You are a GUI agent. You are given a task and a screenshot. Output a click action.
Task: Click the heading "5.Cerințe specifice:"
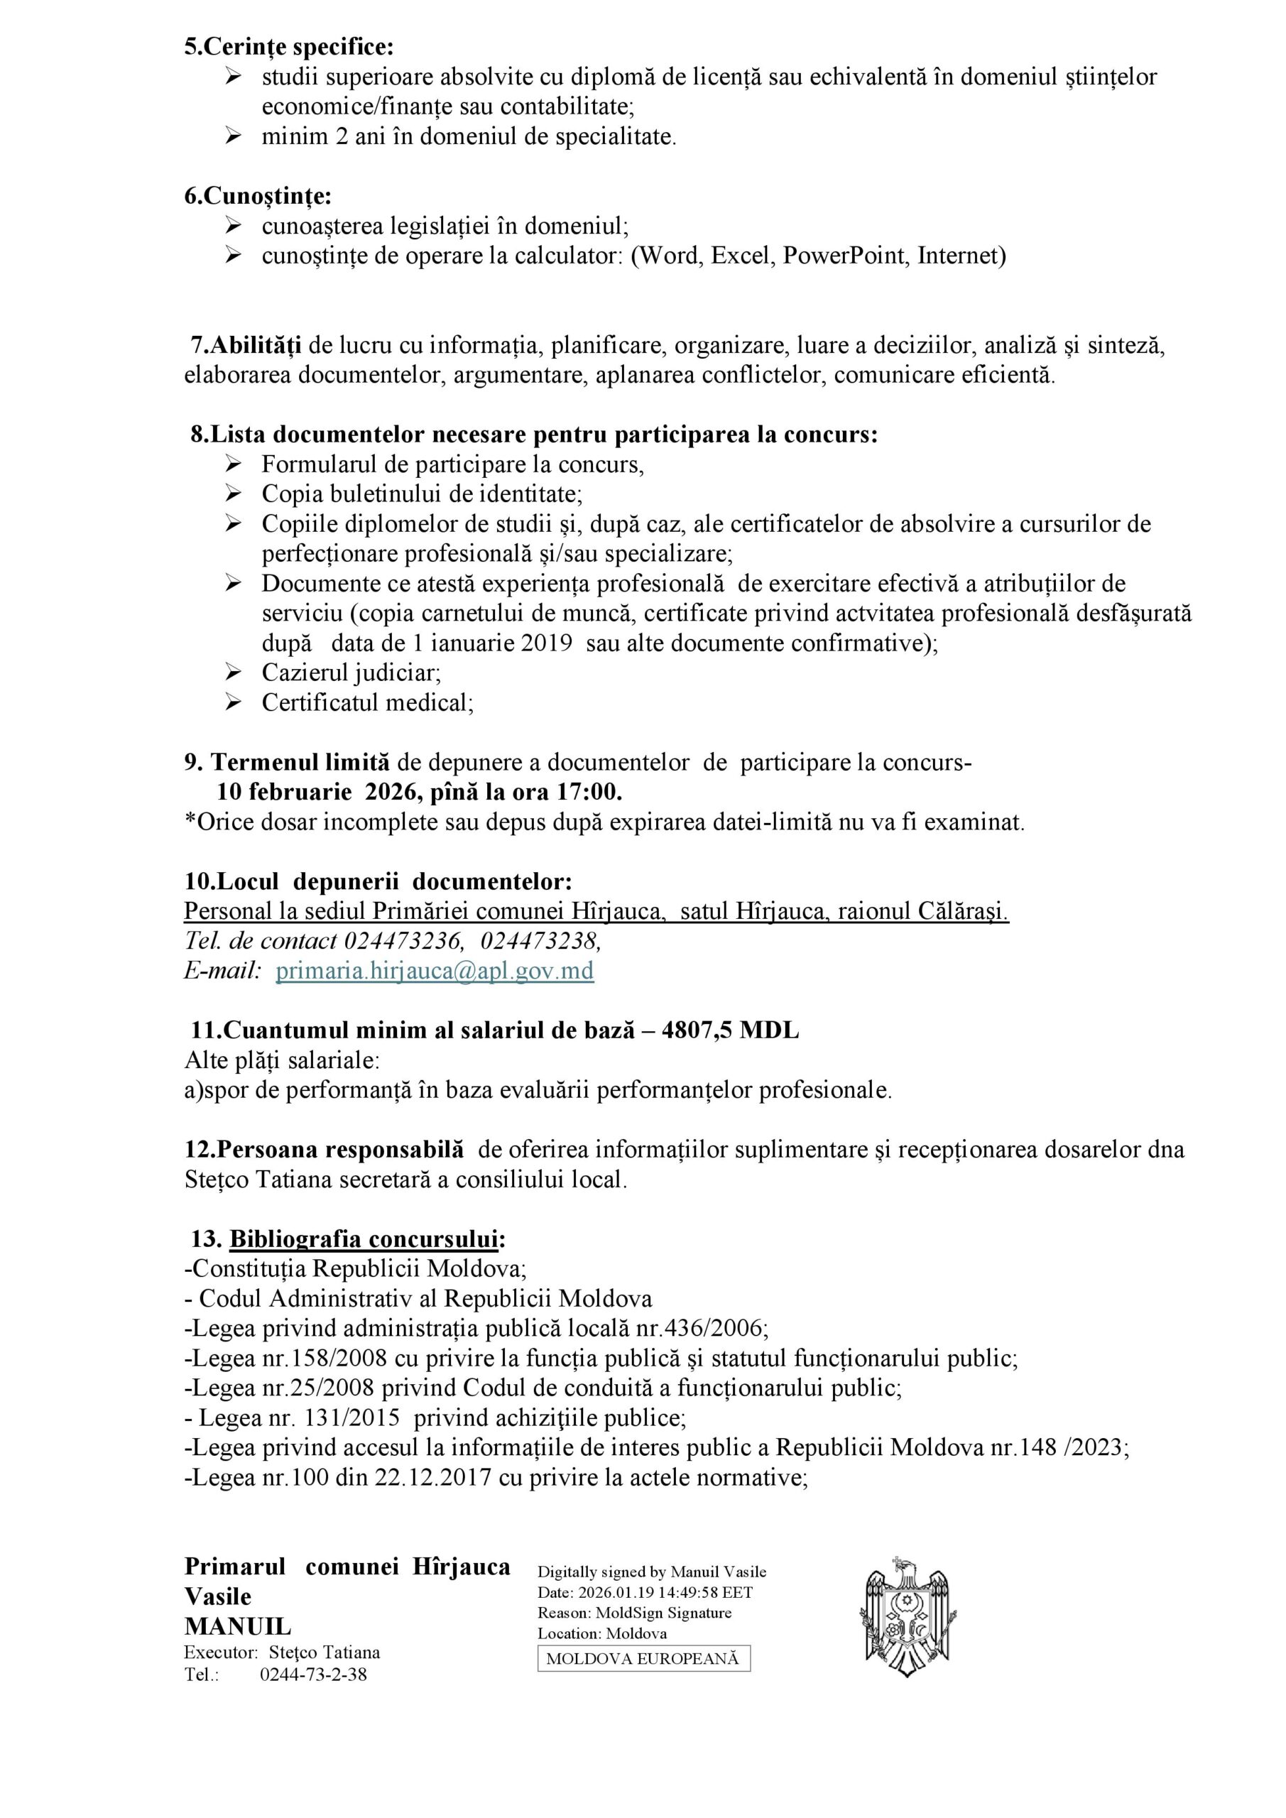tap(288, 48)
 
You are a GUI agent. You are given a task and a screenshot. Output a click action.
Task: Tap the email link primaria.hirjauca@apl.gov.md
tap(435, 971)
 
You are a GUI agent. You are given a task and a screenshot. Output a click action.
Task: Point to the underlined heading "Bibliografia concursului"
tap(364, 1239)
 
